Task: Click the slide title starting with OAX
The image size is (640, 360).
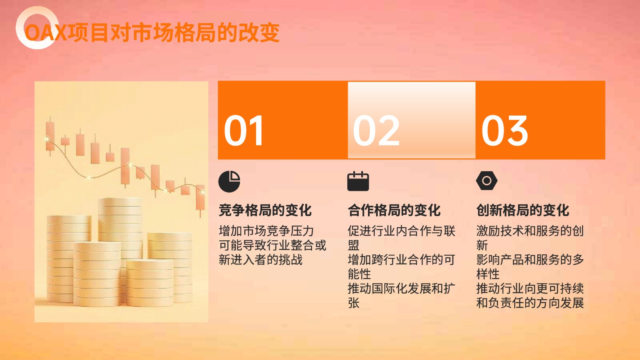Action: (x=152, y=33)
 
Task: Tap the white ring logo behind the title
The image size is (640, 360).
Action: (x=20, y=28)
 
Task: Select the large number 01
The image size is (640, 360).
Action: (x=244, y=130)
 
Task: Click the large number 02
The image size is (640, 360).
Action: (x=376, y=130)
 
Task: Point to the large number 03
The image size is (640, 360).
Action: (x=504, y=130)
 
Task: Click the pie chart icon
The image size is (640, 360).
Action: (x=229, y=182)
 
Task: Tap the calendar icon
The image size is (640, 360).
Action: (x=358, y=181)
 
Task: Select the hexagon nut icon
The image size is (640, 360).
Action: (x=487, y=180)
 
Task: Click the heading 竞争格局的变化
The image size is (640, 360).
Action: (x=265, y=210)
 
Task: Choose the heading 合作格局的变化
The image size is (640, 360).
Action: (x=394, y=210)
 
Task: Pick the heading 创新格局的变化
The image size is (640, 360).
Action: (x=522, y=210)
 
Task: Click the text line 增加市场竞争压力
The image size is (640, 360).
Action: (x=266, y=231)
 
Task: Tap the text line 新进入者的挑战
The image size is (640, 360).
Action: (x=260, y=260)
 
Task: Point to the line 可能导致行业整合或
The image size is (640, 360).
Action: (x=272, y=245)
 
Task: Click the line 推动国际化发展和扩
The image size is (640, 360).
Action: (x=402, y=288)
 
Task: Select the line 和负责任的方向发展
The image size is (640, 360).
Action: (x=530, y=303)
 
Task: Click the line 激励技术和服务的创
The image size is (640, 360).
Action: (x=530, y=231)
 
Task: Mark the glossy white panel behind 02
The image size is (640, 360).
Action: (x=412, y=120)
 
